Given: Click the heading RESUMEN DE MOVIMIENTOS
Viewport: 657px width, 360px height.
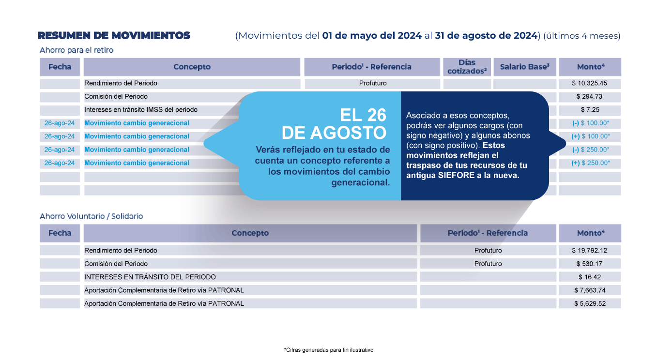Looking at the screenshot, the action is pos(114,35).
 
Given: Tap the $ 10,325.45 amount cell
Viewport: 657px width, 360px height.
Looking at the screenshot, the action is pos(589,83).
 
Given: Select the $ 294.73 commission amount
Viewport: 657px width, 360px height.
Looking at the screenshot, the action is pos(589,96).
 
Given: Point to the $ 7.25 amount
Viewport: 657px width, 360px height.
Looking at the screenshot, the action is pos(589,110).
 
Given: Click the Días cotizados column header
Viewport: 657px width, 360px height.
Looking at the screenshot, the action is pos(467,67).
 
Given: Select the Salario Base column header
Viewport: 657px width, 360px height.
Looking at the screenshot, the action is pos(524,67).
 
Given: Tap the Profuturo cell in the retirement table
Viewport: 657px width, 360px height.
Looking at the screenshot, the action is pos(373,83).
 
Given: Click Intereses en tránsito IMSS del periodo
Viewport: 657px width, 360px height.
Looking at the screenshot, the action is pos(141,110).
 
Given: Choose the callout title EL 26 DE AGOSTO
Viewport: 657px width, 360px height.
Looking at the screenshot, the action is pos(335,123).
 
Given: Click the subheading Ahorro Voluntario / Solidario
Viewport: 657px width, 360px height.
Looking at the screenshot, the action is pos(92,216).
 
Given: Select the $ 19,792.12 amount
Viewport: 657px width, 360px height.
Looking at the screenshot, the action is pos(589,251).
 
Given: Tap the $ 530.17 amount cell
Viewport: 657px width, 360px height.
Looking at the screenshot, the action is pos(589,264).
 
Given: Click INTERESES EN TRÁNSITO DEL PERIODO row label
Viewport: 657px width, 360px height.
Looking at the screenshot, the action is pos(150,277).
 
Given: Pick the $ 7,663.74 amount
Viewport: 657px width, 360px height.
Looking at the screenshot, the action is pos(589,290).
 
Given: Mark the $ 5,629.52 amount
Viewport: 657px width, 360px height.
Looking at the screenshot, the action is pos(589,304).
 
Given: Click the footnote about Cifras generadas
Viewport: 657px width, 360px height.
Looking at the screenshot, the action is pos(329,349).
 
